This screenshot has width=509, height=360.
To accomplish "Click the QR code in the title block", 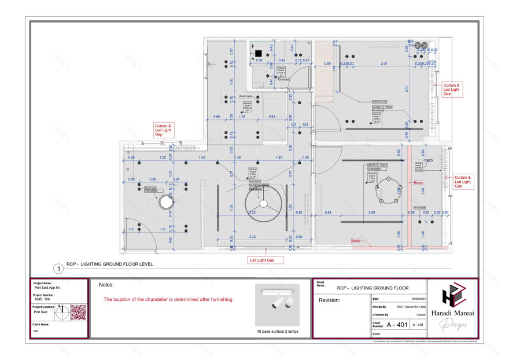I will pos(78,313).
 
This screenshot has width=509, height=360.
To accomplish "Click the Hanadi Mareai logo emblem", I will pos(455,297).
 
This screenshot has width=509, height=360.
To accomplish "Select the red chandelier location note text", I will pos(168,299).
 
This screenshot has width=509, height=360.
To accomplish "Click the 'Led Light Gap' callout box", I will pos(266,260).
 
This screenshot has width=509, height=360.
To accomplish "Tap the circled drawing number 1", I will pos(58,269).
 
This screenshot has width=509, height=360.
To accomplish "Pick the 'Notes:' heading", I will pos(106,285).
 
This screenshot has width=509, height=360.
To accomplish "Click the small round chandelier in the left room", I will pos(166,203).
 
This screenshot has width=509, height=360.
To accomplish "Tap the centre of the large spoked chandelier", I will pos(263,204).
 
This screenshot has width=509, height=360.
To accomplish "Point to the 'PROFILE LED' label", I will pos(379,102).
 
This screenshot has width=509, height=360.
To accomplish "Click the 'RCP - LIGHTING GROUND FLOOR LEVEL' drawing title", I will pos(110,263).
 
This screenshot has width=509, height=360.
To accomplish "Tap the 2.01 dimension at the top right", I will pos(383,63).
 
